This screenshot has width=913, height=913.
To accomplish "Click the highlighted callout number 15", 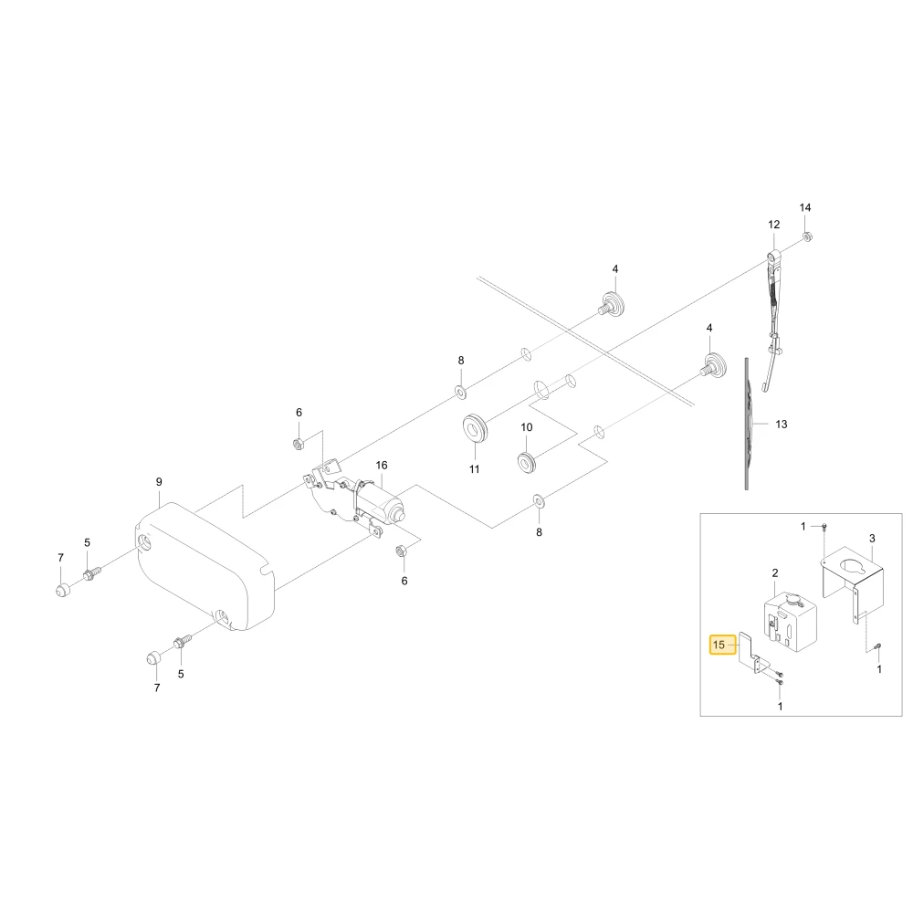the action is click(719, 645).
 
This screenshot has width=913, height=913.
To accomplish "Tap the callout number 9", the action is click(159, 482).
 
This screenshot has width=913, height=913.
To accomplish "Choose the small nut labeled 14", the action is click(807, 236).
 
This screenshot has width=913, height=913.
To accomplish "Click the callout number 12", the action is click(774, 225).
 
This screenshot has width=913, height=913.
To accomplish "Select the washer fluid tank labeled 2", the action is click(790, 621).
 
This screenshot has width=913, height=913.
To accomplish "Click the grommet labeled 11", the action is click(476, 428).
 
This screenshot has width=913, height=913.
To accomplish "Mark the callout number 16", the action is click(382, 466).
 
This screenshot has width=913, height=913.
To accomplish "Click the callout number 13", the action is click(782, 425).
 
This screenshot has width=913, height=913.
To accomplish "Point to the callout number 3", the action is click(872, 539).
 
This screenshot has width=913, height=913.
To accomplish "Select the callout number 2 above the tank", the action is click(775, 573).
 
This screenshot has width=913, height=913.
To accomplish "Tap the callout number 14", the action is click(805, 207).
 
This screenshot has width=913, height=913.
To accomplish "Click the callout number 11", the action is click(475, 469).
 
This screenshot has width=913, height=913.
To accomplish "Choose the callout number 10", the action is click(527, 427).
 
